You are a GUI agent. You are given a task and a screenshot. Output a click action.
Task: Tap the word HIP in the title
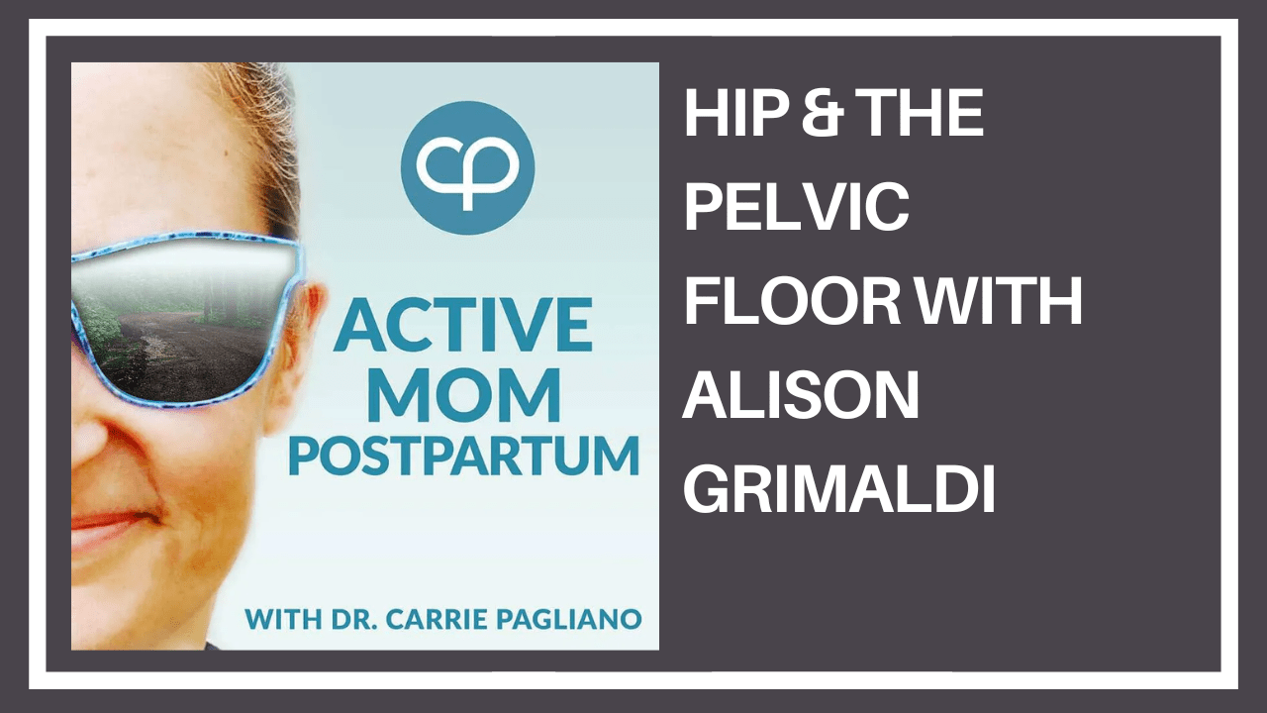[x=728, y=115]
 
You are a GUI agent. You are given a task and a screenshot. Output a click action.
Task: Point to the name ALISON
[x=802, y=395]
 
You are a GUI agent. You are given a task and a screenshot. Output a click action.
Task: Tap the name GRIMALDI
[x=839, y=489]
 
